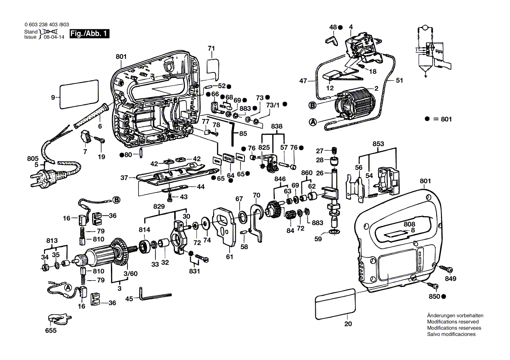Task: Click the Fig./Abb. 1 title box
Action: coord(90,34)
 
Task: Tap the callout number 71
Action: coord(211,48)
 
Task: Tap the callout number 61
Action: coord(230,257)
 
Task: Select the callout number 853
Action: coord(378,144)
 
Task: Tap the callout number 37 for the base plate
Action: coord(124,178)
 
